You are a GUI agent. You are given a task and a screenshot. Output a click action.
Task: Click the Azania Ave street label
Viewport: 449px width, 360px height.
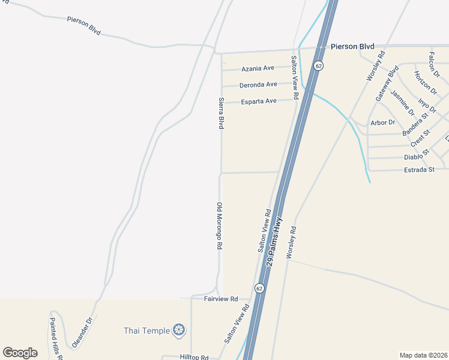[x=258, y=68]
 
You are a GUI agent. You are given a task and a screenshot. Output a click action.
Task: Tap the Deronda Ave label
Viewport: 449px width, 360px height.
[x=258, y=85]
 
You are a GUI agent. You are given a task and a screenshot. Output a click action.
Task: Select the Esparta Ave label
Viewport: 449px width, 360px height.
[x=259, y=101]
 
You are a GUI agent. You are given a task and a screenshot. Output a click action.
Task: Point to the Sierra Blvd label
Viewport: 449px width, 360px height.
[x=221, y=113]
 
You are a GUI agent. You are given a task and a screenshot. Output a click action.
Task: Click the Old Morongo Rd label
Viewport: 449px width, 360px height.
[x=220, y=226]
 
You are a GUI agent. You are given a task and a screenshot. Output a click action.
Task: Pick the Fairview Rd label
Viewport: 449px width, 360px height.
[x=221, y=299]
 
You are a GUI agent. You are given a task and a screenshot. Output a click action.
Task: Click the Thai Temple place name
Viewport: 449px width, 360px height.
[x=146, y=330]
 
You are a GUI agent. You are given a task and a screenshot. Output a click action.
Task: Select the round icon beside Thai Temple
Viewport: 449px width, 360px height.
[x=178, y=329]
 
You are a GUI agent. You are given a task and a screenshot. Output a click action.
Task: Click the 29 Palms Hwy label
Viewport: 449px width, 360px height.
[x=275, y=242]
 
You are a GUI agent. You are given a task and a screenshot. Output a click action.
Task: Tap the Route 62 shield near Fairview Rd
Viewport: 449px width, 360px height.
[x=259, y=289]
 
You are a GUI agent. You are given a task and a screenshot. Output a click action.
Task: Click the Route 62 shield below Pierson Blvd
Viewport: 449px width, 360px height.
[x=318, y=65]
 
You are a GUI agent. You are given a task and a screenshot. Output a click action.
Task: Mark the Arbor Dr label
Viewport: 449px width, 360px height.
[x=383, y=122]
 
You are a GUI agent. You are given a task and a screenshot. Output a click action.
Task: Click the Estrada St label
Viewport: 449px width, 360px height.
[x=420, y=170]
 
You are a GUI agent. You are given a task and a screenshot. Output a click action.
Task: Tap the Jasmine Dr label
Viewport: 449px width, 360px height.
[x=402, y=102]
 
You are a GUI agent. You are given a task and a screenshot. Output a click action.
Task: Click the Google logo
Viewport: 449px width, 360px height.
[x=20, y=353]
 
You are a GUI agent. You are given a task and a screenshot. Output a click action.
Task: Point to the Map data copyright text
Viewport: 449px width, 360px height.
[x=423, y=355]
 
